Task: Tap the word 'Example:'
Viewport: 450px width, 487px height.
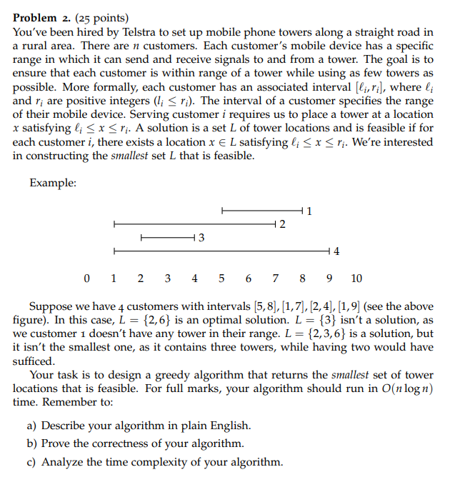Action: [x=53, y=184]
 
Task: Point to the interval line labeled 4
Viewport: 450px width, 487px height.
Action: [x=221, y=251]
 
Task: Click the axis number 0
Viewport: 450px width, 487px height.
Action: [x=86, y=278]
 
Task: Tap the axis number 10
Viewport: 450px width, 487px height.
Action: [x=356, y=278]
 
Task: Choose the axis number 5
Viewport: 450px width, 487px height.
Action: [x=221, y=278]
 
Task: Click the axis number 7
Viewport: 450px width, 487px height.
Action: [x=276, y=278]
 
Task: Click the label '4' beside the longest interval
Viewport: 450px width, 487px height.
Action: [x=336, y=251]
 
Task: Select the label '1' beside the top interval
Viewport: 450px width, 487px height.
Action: [x=309, y=211]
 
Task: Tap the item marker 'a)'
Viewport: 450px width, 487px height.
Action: [x=32, y=426]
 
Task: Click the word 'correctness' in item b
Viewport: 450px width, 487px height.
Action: [x=127, y=443]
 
